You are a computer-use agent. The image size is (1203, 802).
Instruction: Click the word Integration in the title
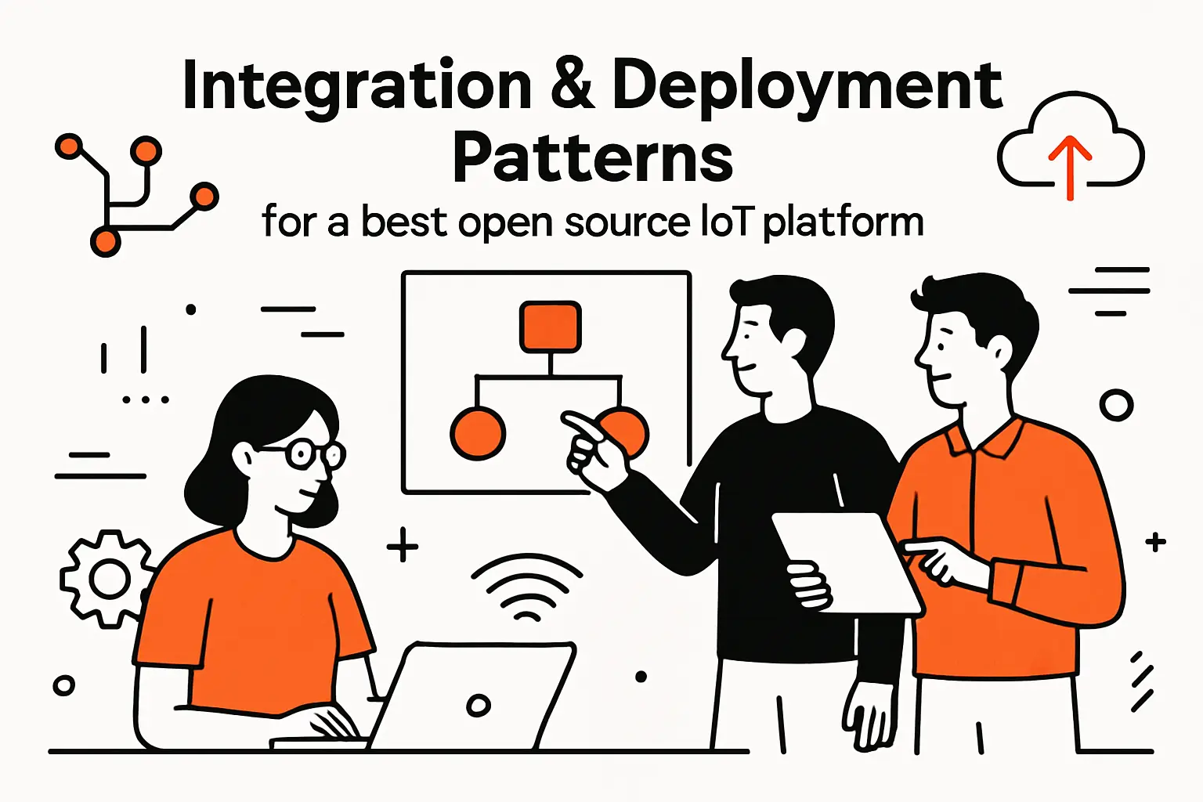pyautogui.click(x=356, y=86)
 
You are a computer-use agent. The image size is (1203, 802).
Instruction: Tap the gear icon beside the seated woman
pyautogui.click(x=108, y=580)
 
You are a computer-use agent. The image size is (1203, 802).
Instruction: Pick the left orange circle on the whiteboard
pyautogui.click(x=478, y=433)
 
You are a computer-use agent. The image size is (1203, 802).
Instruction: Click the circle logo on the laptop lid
pyautogui.click(x=478, y=705)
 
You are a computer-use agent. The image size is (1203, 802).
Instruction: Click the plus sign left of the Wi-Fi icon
pyautogui.click(x=403, y=545)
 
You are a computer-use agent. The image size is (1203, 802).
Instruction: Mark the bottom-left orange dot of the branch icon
pyautogui.click(x=105, y=241)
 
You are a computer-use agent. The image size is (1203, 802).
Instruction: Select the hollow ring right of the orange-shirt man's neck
pyautogui.click(x=1116, y=406)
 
